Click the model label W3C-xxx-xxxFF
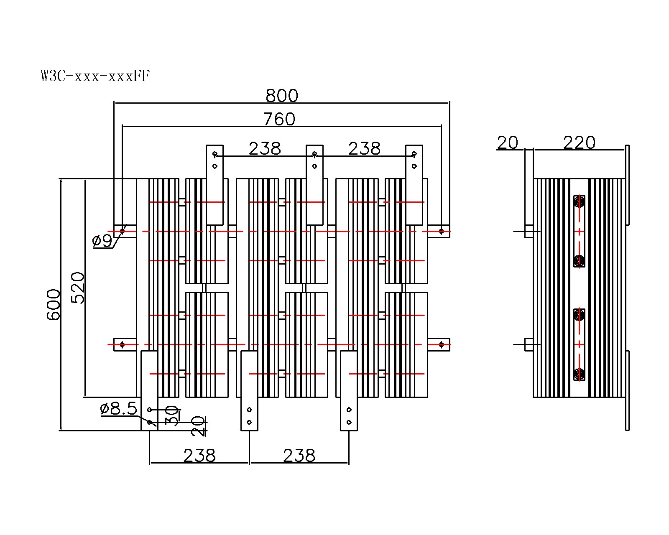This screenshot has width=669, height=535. [95, 76]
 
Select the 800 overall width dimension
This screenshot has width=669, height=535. [282, 96]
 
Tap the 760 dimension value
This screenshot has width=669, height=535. [279, 120]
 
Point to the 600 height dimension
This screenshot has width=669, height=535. [54, 304]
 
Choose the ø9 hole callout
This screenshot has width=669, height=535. [102, 241]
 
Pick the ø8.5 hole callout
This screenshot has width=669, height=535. [119, 409]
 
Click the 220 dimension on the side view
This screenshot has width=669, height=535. [579, 143]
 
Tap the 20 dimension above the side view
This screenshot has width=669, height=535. [508, 143]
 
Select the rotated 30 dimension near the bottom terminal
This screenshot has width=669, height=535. [173, 415]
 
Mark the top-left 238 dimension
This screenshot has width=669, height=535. [265, 149]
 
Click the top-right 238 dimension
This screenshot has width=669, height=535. [364, 149]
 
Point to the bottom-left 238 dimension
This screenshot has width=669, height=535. [199, 456]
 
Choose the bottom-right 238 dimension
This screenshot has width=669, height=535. [299, 456]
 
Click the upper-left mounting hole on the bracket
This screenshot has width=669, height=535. [123, 231]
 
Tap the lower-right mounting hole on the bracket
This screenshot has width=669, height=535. [441, 344]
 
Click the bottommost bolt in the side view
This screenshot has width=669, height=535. [579, 374]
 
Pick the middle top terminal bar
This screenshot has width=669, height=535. [314, 185]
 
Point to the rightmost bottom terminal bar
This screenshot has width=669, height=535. [349, 390]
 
